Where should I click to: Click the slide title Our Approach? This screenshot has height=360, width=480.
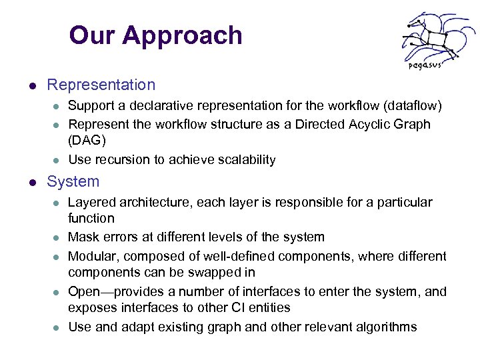coord(155,35)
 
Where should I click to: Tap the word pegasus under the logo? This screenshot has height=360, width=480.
coord(423,65)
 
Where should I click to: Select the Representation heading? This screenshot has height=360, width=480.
coord(101,85)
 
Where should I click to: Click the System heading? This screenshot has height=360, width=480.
coord(73,181)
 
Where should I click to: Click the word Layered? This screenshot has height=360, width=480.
coord(90,202)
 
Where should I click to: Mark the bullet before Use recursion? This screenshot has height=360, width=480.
coord(57,160)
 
